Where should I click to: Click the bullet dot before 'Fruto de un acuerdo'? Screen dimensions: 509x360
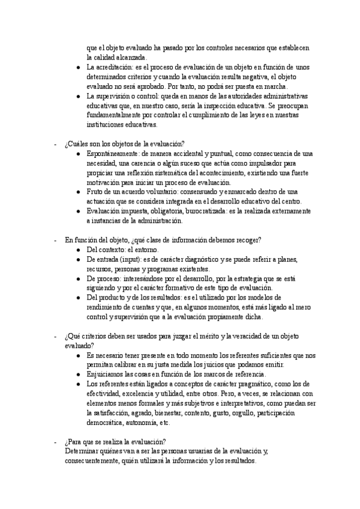click(x=79, y=192)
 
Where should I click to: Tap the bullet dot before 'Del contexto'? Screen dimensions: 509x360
click(x=79, y=249)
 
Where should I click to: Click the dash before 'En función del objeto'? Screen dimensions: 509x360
click(x=56, y=239)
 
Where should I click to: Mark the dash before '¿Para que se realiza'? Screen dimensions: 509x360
click(x=56, y=442)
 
